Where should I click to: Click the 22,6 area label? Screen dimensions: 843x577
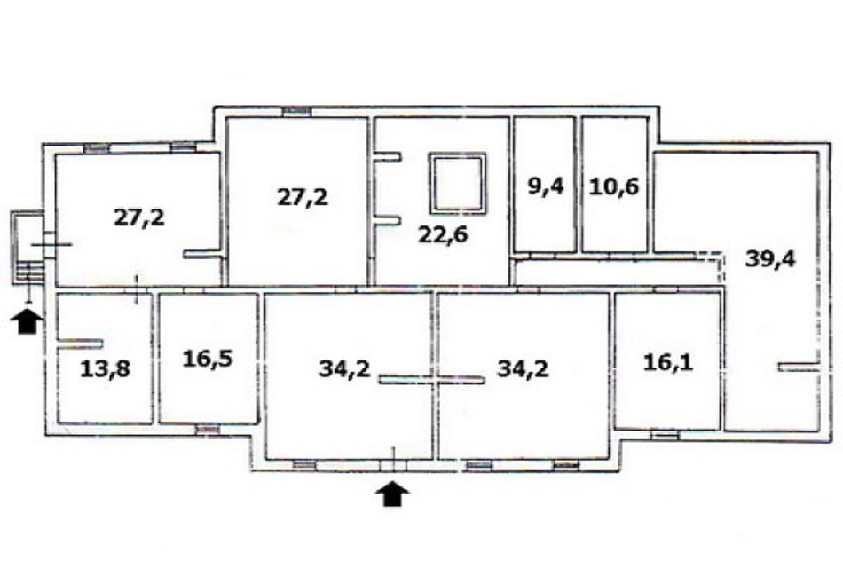tap(443, 235)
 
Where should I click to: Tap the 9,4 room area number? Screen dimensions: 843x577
tap(545, 186)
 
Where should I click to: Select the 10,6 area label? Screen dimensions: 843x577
tap(614, 186)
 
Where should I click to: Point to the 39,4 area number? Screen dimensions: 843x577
tap(770, 259)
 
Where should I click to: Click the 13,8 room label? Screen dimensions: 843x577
tap(105, 369)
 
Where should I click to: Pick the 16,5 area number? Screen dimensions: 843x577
tap(208, 358)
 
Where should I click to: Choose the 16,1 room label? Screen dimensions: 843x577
tap(668, 362)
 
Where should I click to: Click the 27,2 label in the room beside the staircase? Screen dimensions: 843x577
tap(139, 217)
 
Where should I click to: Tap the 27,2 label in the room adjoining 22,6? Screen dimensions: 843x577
tap(303, 197)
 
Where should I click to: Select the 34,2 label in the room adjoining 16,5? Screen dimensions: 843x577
tap(344, 369)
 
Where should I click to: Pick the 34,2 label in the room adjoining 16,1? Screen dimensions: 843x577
tap(524, 369)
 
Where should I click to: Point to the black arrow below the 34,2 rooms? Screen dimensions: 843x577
tap(393, 494)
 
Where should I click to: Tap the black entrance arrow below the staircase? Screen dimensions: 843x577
tap(27, 320)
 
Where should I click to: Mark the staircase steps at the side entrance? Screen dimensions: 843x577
tap(30, 273)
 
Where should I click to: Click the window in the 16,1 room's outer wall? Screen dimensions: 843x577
tap(664, 434)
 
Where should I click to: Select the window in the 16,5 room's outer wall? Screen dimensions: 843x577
tap(208, 429)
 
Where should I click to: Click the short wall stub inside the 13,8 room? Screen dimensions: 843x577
tap(80, 344)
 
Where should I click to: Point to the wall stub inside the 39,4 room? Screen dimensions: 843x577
tap(799, 367)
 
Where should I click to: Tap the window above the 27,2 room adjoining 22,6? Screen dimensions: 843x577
tap(297, 111)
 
